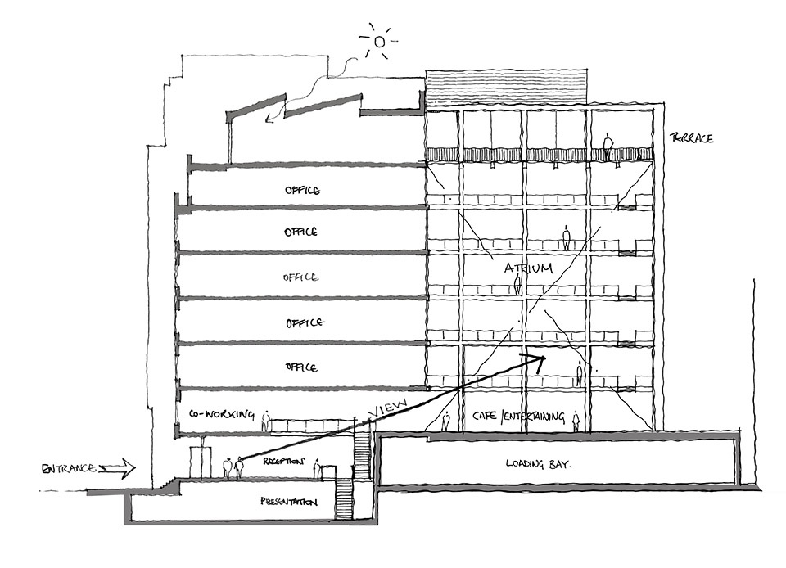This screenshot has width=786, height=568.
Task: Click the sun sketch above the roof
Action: click(x=379, y=41)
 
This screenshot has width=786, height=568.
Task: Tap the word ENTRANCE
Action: click(x=69, y=469)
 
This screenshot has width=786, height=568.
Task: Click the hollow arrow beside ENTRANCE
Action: click(x=118, y=469)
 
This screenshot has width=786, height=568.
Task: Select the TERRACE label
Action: click(x=692, y=137)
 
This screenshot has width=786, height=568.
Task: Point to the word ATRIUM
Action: click(x=528, y=268)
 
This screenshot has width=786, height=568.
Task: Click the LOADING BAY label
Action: click(x=538, y=464)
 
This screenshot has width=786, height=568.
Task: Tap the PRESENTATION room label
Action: click(x=289, y=502)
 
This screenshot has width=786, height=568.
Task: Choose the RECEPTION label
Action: click(x=283, y=461)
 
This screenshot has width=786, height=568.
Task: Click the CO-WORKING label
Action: click(x=221, y=414)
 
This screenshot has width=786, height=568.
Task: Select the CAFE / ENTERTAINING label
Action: click(x=518, y=416)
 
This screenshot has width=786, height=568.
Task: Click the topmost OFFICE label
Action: click(x=302, y=191)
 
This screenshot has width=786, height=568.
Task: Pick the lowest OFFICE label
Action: click(x=301, y=367)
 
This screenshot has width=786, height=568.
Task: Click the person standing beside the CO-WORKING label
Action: click(x=265, y=421)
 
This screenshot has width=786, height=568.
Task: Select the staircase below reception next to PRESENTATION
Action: click(x=343, y=499)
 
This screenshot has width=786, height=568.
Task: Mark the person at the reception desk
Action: click(x=317, y=468)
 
